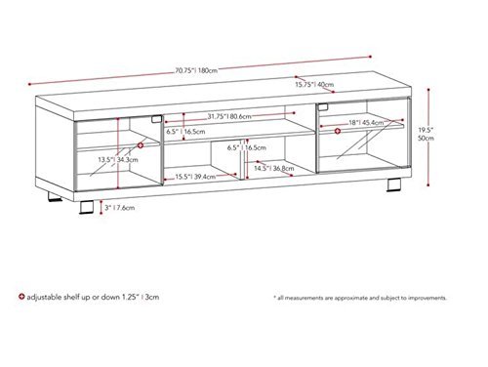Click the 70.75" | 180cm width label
click(x=196, y=70)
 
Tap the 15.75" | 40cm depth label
click(x=314, y=85)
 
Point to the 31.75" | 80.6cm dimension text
click(x=229, y=116)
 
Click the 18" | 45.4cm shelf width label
click(x=366, y=123)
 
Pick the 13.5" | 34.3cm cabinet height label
click(x=118, y=160)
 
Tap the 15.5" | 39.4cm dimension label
click(x=195, y=177)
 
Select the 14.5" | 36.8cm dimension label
click(x=274, y=168)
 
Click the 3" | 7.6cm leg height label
click(x=119, y=208)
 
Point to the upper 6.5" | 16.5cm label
click(x=185, y=132)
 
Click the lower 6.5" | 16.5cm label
click(x=247, y=147)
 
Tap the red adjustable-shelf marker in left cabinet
click(x=141, y=145)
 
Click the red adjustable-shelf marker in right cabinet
click(x=338, y=131)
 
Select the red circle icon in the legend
click(x=21, y=297)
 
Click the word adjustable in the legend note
click(x=44, y=297)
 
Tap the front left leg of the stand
click(x=87, y=207)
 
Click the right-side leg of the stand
click(x=394, y=184)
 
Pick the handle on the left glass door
click(x=156, y=119)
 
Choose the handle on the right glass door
click(x=323, y=106)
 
